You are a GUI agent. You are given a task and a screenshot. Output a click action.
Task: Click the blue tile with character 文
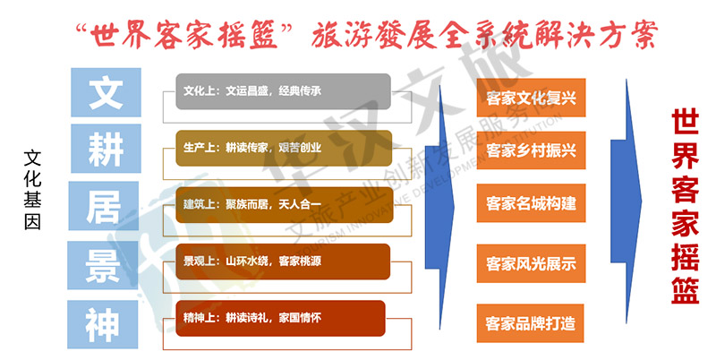[106, 92]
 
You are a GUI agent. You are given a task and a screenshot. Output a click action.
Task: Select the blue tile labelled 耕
[106, 149]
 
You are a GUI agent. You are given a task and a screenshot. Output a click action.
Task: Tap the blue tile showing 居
[104, 206]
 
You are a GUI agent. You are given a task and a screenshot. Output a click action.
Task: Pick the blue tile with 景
[103, 265]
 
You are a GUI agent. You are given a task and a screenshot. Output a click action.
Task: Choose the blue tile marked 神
[103, 324]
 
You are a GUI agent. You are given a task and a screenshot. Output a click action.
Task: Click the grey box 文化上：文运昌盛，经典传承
[283, 91]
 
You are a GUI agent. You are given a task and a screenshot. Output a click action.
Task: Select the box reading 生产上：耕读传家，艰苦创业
[284, 148]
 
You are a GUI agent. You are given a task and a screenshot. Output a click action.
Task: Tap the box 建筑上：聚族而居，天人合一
[285, 205]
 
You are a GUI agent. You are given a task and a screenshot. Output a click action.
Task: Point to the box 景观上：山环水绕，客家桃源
[283, 261]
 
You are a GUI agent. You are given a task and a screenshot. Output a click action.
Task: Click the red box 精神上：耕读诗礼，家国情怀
[280, 318]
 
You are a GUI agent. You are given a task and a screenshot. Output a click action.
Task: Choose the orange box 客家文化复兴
[531, 98]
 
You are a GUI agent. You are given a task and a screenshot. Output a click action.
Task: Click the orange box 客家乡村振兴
[531, 150]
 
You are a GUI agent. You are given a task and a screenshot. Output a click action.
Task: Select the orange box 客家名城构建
[531, 203]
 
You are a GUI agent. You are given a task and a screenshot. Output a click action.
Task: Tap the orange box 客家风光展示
[531, 263]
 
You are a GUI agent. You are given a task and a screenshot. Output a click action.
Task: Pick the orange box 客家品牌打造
[530, 323]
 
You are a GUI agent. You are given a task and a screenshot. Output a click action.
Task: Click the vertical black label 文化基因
[32, 190]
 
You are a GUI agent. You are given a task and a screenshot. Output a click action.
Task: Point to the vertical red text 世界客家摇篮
[685, 206]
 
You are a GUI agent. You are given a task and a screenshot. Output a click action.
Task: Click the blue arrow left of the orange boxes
[440, 207]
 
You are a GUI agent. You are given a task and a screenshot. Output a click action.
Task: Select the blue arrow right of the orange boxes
[626, 201]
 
